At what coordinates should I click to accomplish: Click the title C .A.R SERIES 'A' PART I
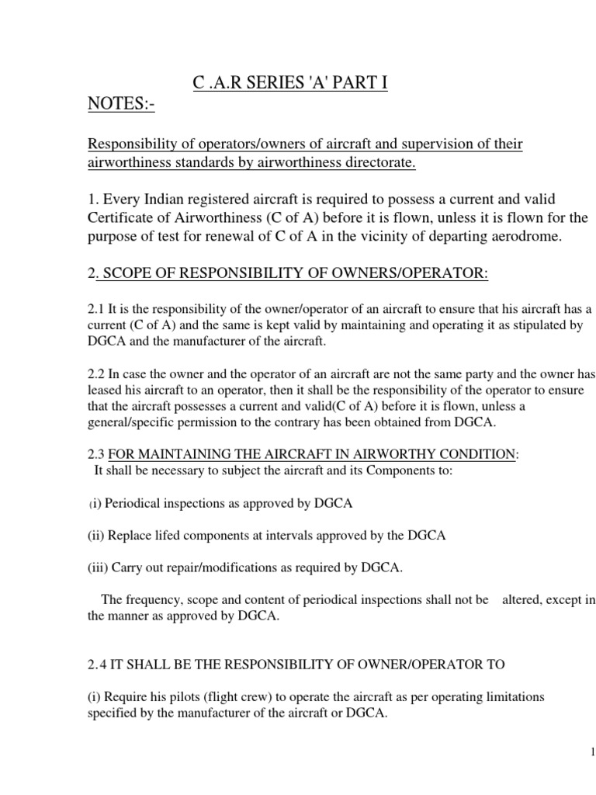[289, 83]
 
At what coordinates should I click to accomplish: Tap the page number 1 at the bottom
[591, 752]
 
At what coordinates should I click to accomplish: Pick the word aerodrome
[513, 237]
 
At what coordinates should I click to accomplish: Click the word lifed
[168, 536]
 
